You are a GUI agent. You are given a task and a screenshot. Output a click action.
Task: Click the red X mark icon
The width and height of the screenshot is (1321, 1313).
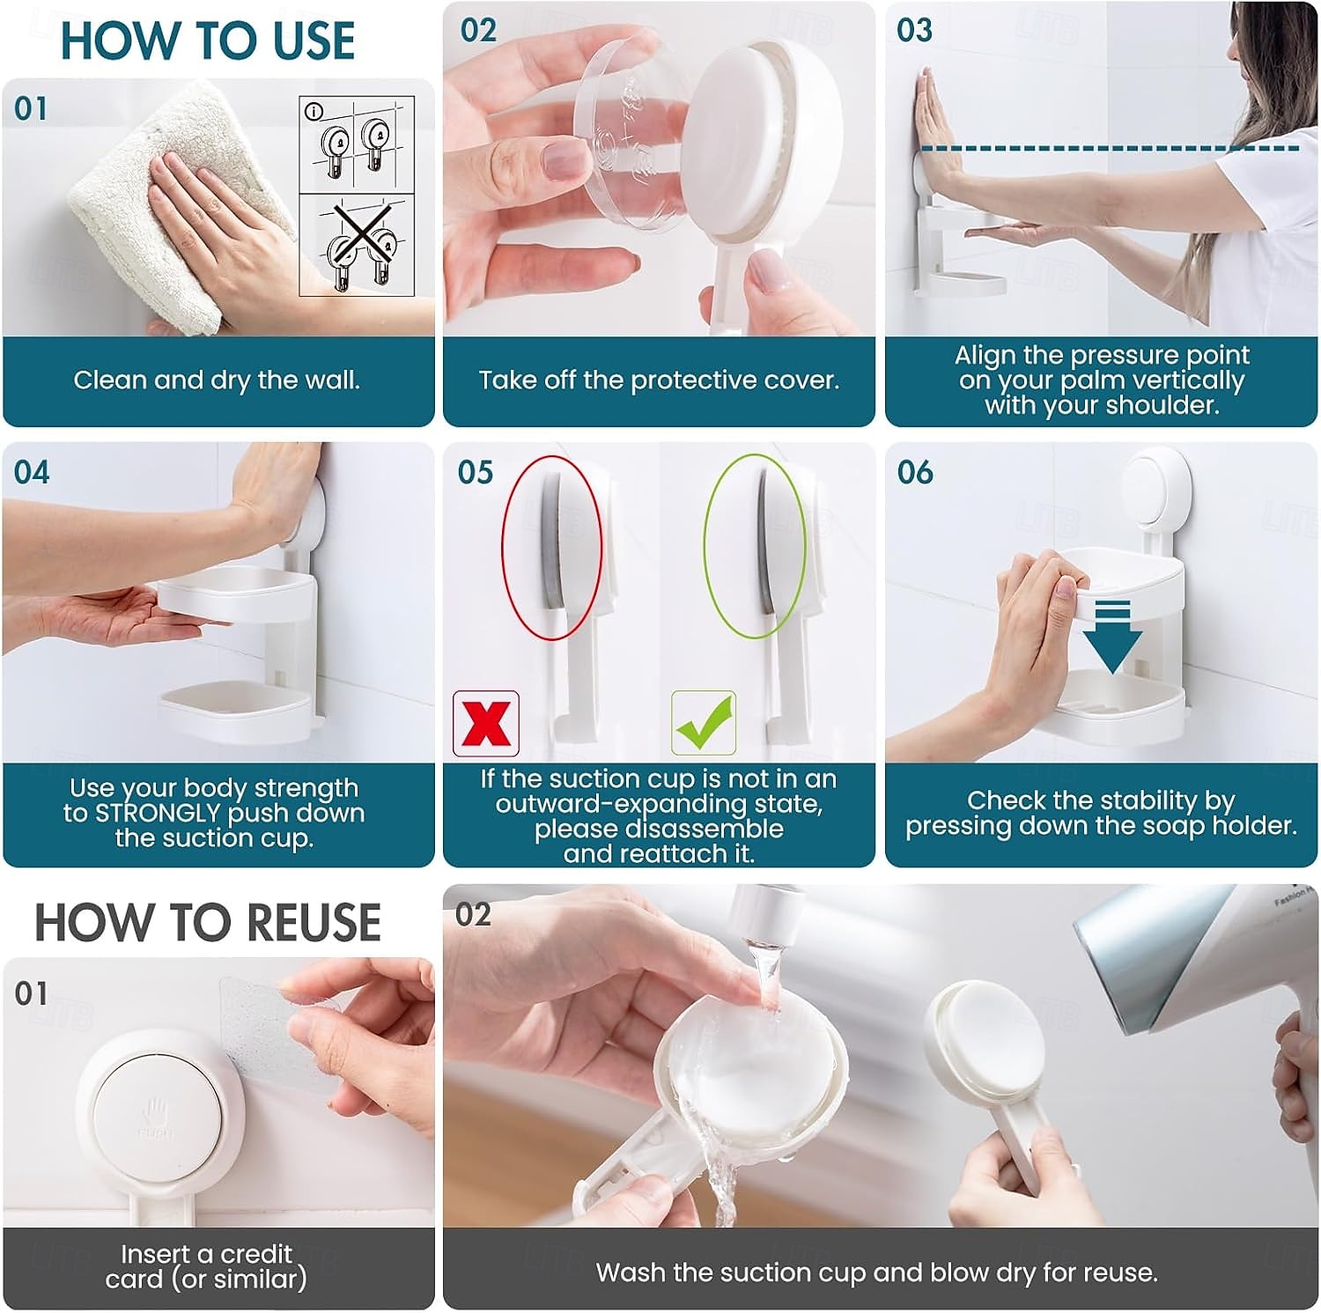pyautogui.click(x=486, y=723)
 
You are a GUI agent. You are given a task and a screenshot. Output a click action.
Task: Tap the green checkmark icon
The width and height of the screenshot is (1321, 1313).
pyautogui.click(x=704, y=723)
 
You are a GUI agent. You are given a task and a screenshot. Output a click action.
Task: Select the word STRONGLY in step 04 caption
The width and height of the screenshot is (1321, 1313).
pyautogui.click(x=158, y=813)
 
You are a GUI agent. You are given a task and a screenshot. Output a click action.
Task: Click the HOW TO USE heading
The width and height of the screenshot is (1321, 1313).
pyautogui.click(x=207, y=41)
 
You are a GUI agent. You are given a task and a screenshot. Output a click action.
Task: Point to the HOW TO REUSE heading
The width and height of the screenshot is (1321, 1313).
pyautogui.click(x=208, y=922)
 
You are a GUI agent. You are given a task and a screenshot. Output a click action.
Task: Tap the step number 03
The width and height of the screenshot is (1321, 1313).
pyautogui.click(x=914, y=30)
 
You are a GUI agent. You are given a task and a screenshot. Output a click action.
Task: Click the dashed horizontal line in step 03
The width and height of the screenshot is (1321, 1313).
pyautogui.click(x=1109, y=148)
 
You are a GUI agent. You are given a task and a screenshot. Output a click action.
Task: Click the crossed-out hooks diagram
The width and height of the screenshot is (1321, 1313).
pyautogui.click(x=357, y=246)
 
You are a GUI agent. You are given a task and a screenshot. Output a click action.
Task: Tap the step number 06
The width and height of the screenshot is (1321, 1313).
pyautogui.click(x=915, y=473)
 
